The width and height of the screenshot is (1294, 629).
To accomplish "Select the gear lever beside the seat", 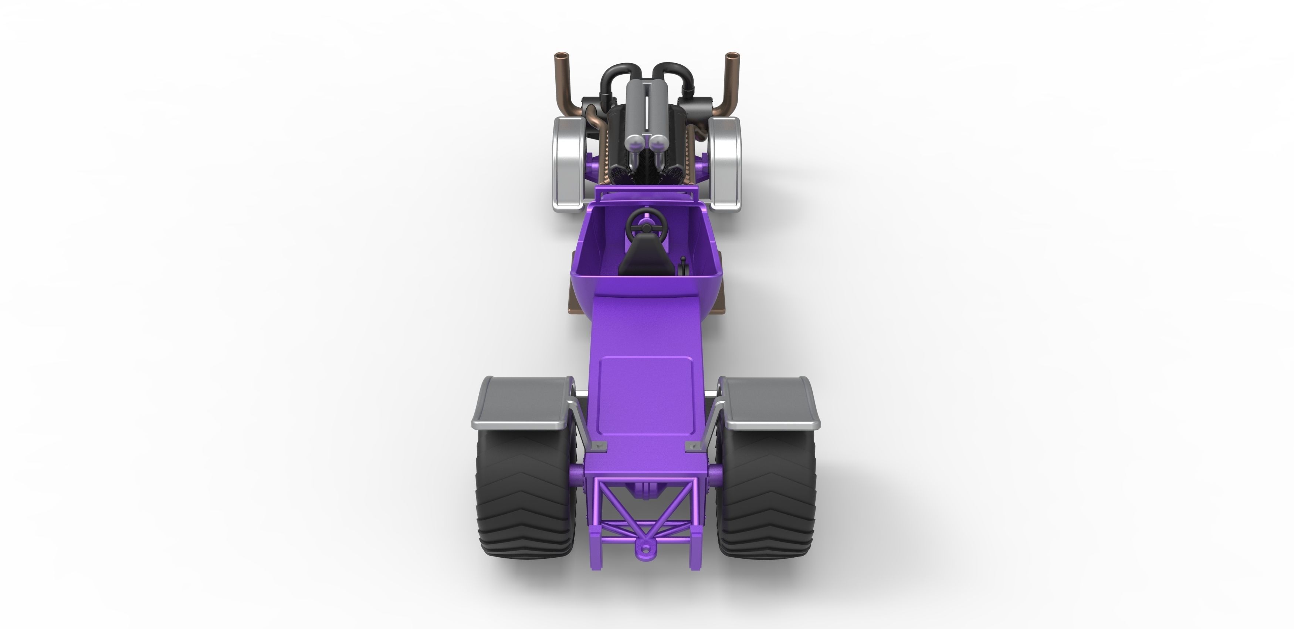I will pyautogui.click(x=683, y=266).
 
